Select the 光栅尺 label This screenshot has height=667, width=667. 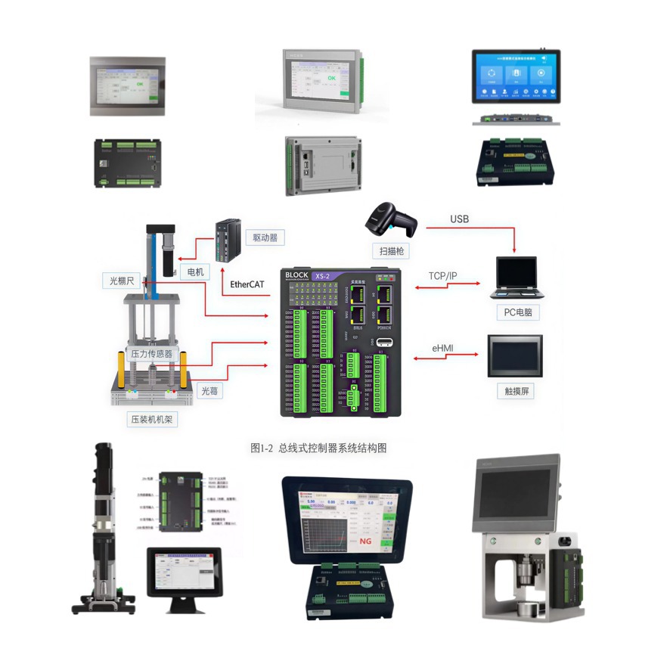121,281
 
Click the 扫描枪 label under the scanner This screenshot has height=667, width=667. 391,250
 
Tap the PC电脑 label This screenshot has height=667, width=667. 517,312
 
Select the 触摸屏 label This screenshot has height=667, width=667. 515,391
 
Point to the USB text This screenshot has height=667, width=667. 459,219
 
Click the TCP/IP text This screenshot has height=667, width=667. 442,275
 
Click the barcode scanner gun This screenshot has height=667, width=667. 389,219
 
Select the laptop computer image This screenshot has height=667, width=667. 517,278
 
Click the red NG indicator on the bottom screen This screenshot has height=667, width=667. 365,541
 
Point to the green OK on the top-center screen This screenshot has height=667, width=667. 331,78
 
